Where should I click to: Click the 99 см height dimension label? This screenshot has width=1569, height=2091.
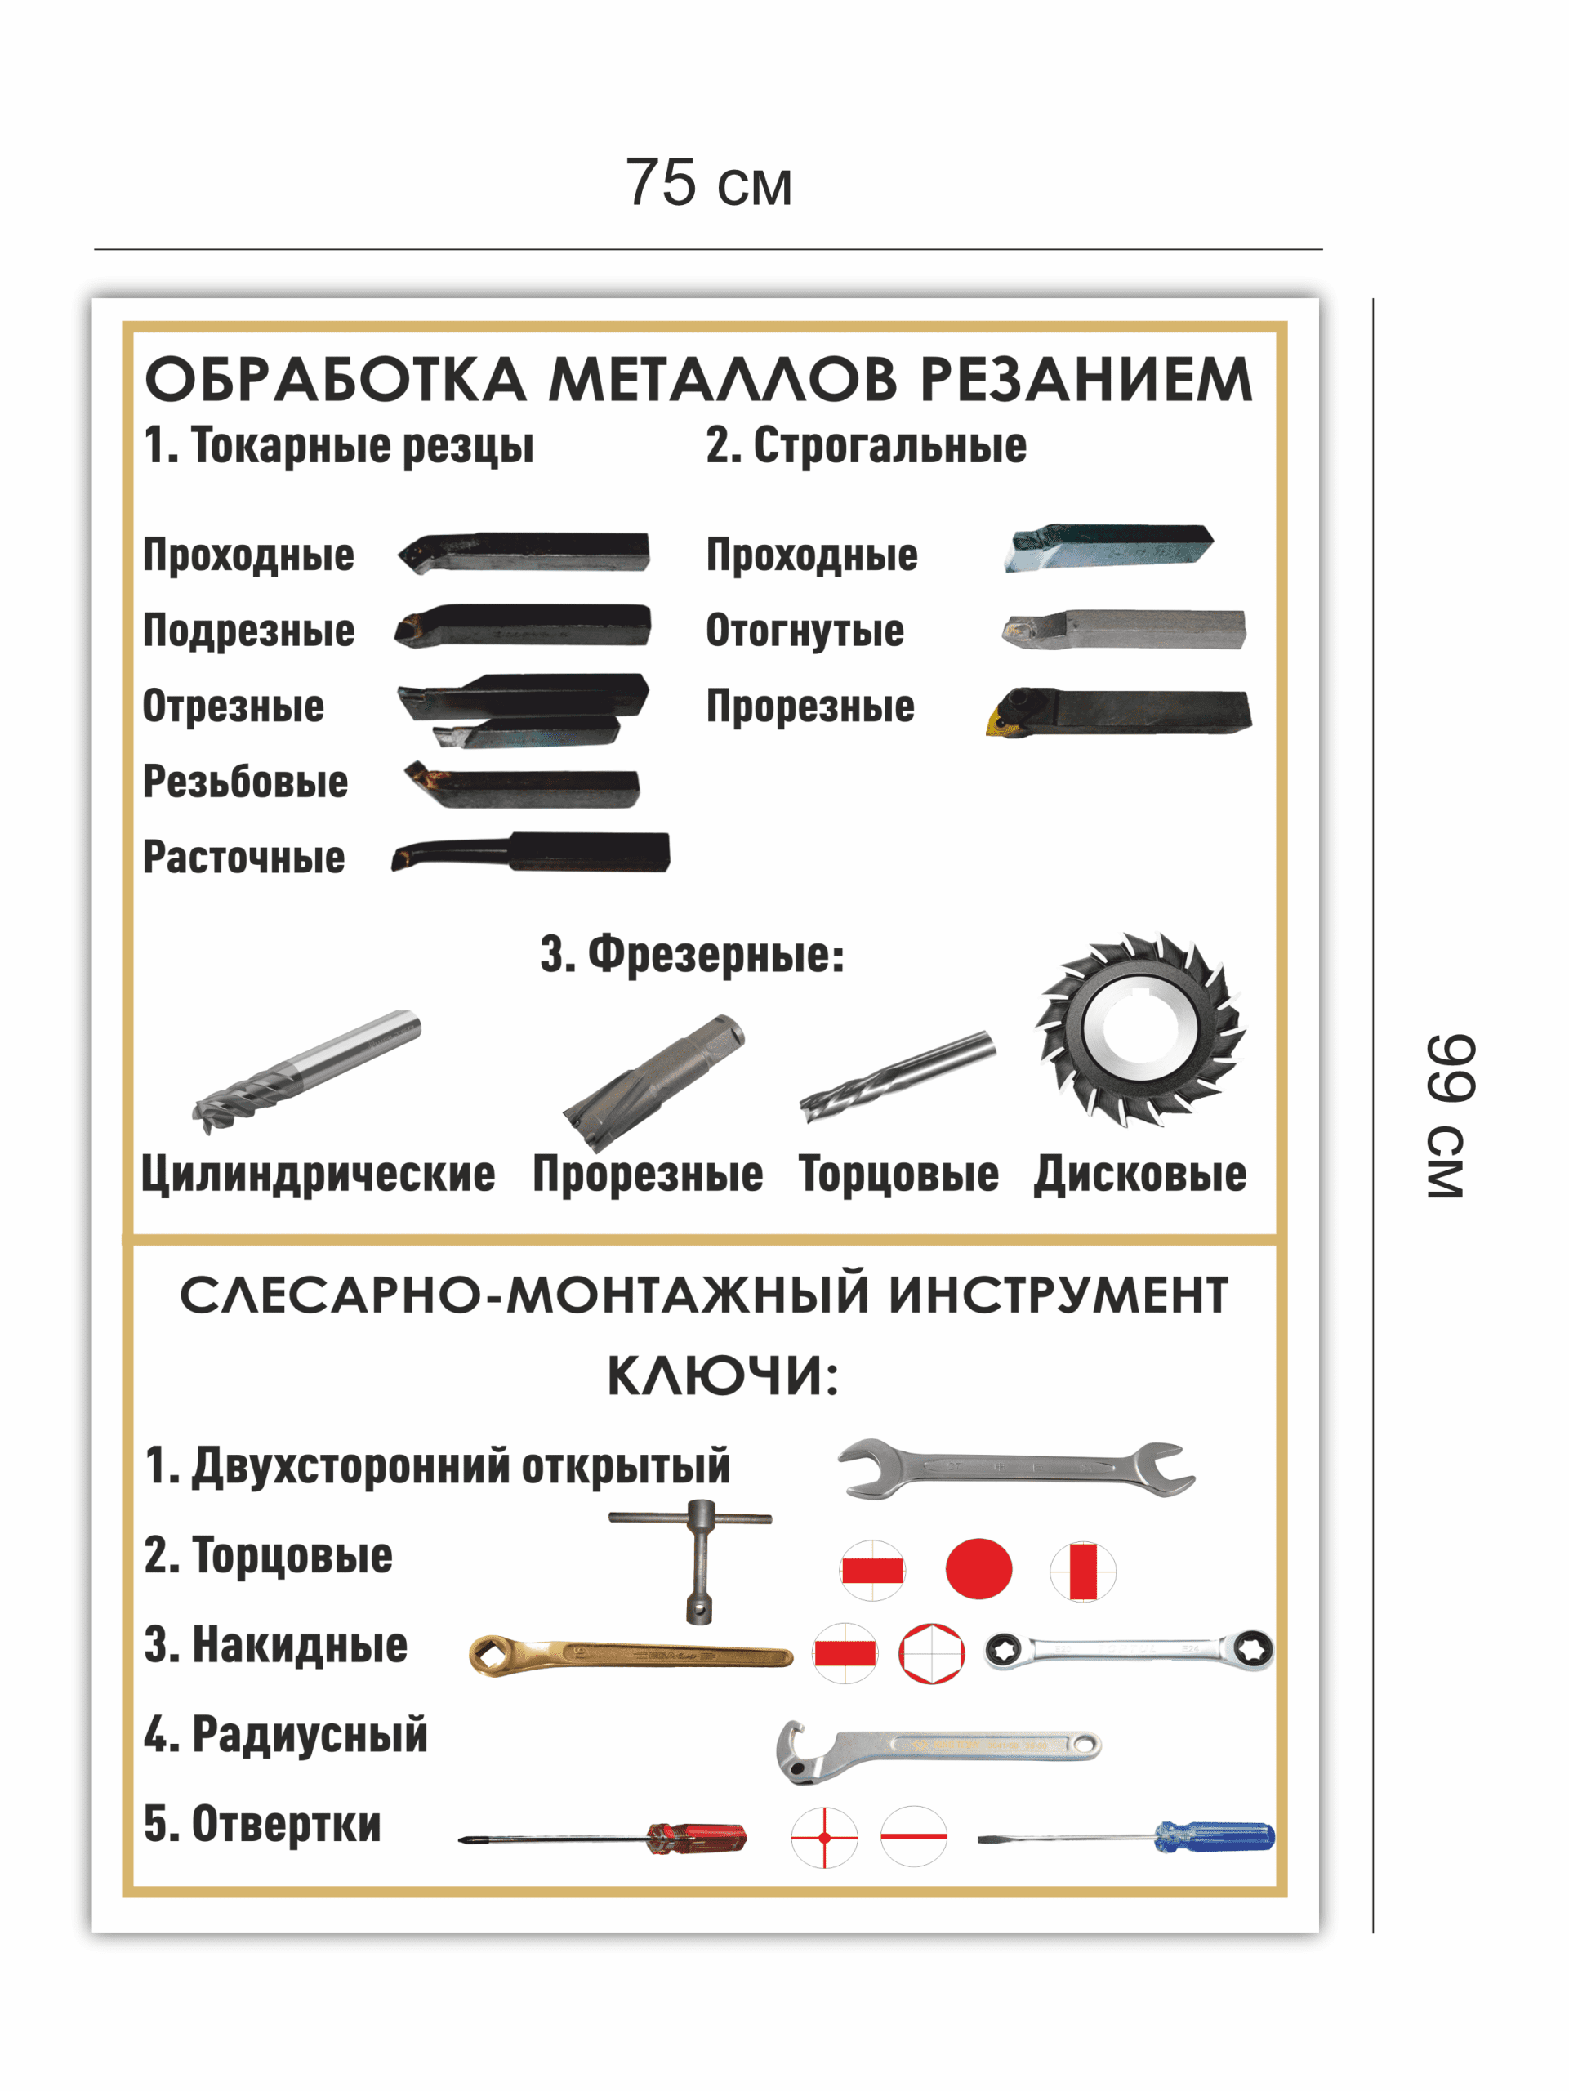[1449, 1117]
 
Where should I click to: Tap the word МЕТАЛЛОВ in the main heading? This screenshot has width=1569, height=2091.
[723, 380]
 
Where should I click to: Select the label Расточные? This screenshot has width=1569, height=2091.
[244, 858]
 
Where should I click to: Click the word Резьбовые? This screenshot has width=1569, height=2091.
[245, 782]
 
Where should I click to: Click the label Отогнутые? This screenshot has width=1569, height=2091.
[805, 631]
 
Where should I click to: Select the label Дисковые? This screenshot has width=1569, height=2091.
[1140, 1175]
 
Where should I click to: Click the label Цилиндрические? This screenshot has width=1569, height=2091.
[318, 1175]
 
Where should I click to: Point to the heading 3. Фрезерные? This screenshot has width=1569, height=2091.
[692, 954]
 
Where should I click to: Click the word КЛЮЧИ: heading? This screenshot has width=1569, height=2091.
[723, 1375]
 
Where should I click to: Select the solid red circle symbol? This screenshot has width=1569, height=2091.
[978, 1569]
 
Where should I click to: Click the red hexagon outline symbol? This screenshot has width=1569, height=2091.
[931, 1653]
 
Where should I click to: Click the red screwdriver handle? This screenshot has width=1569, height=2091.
[697, 1838]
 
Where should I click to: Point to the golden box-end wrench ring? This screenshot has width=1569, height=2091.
[493, 1654]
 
